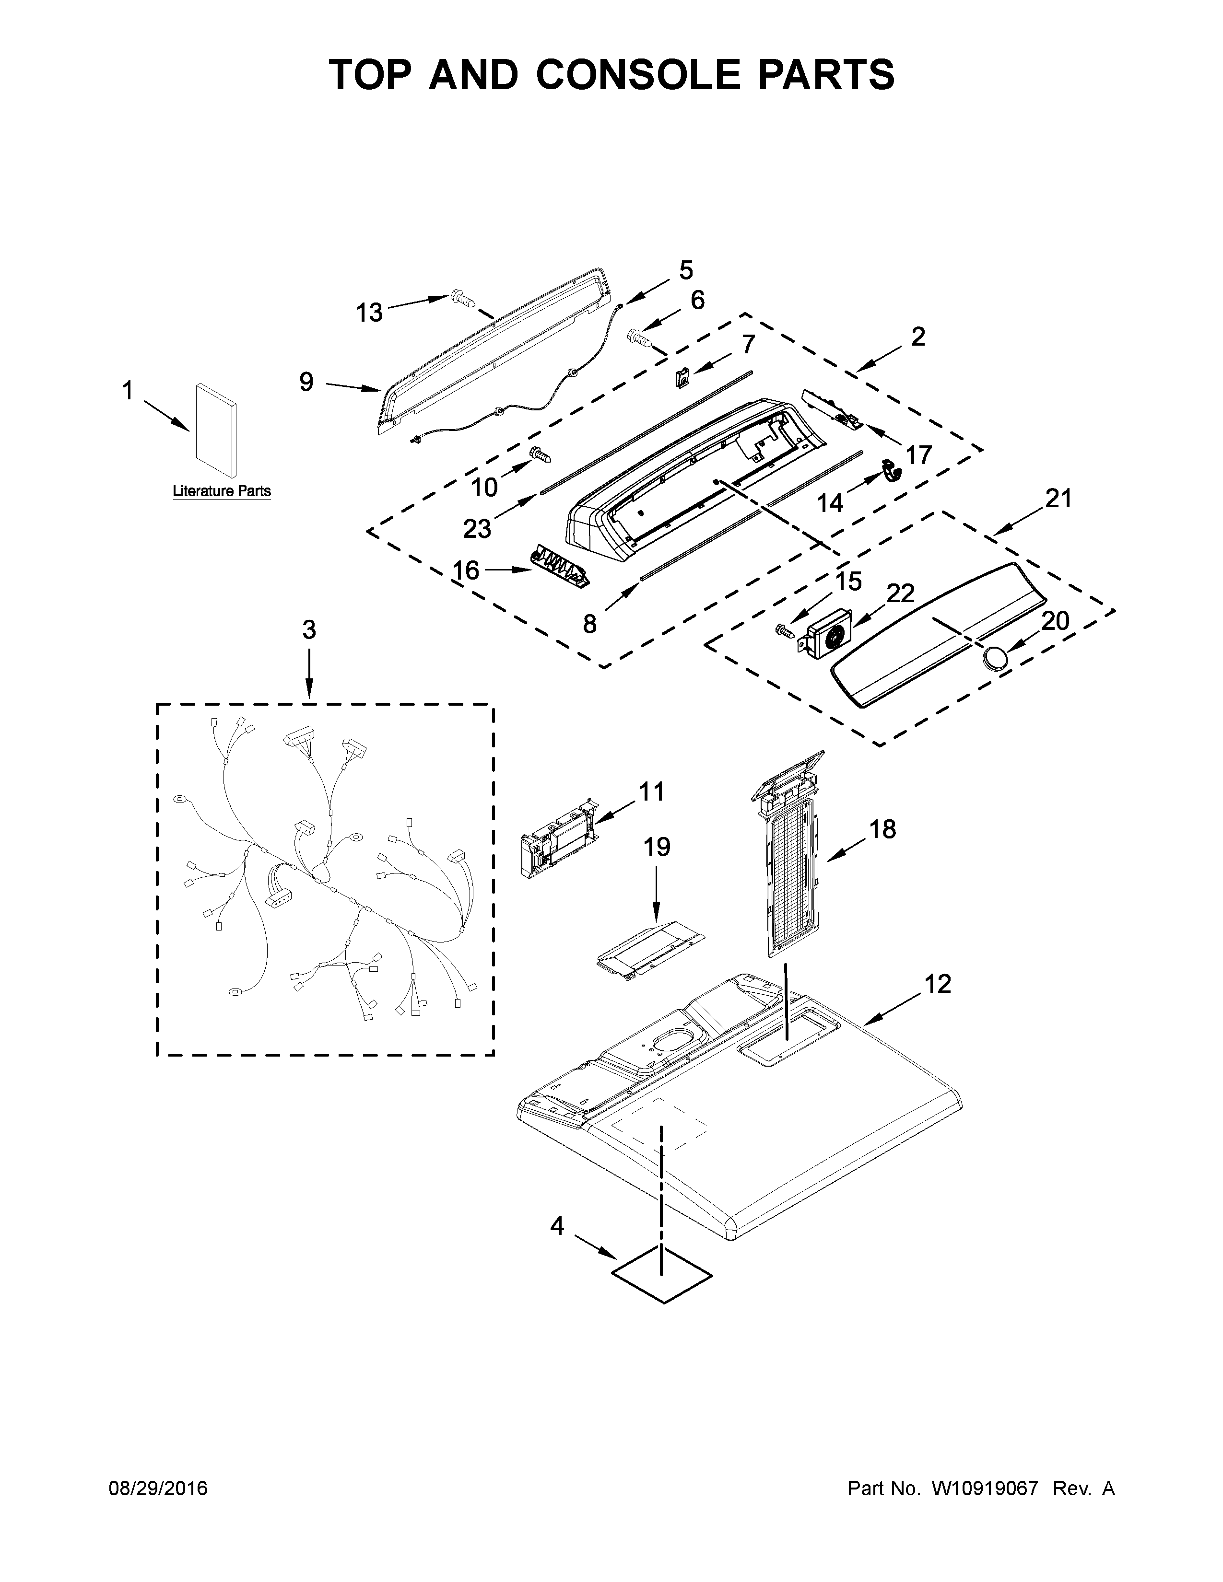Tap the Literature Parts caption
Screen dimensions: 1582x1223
(x=222, y=491)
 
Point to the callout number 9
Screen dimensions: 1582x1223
(x=306, y=382)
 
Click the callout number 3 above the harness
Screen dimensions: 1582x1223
(x=309, y=630)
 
